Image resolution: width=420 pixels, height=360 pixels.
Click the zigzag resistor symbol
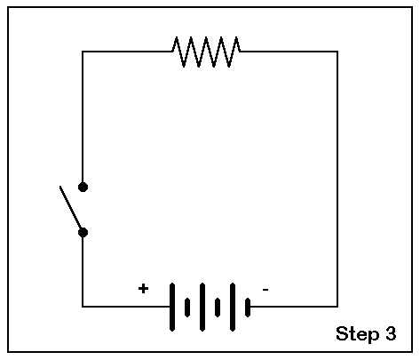[x=206, y=52]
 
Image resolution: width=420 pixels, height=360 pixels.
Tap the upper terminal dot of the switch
[x=83, y=187]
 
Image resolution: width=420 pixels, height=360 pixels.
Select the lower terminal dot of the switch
[x=83, y=233]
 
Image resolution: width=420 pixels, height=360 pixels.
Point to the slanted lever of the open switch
[x=71, y=208]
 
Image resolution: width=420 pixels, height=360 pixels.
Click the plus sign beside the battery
[x=143, y=288]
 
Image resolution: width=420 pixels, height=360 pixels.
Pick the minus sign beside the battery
[x=265, y=290]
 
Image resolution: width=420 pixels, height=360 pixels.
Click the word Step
[x=358, y=334]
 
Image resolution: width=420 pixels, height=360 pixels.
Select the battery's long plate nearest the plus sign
[x=172, y=307]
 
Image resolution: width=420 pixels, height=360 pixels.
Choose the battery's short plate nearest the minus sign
[x=248, y=308]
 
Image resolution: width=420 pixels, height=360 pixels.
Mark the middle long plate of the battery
[x=202, y=307]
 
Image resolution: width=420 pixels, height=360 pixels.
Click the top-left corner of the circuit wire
[x=83, y=52]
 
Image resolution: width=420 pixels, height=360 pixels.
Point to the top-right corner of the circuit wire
[x=337, y=52]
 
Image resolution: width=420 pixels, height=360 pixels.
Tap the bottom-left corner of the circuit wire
[x=83, y=307]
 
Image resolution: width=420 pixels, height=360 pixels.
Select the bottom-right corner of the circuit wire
[x=337, y=307]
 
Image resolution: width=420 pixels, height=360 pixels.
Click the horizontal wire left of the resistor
[x=127, y=52]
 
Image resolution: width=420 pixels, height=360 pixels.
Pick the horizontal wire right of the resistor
[x=289, y=52]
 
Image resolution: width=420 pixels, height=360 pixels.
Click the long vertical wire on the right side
[x=337, y=179]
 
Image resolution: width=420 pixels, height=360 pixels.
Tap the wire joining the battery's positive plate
[x=126, y=307]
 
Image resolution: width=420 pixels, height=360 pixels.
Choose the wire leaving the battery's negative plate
[x=294, y=307]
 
